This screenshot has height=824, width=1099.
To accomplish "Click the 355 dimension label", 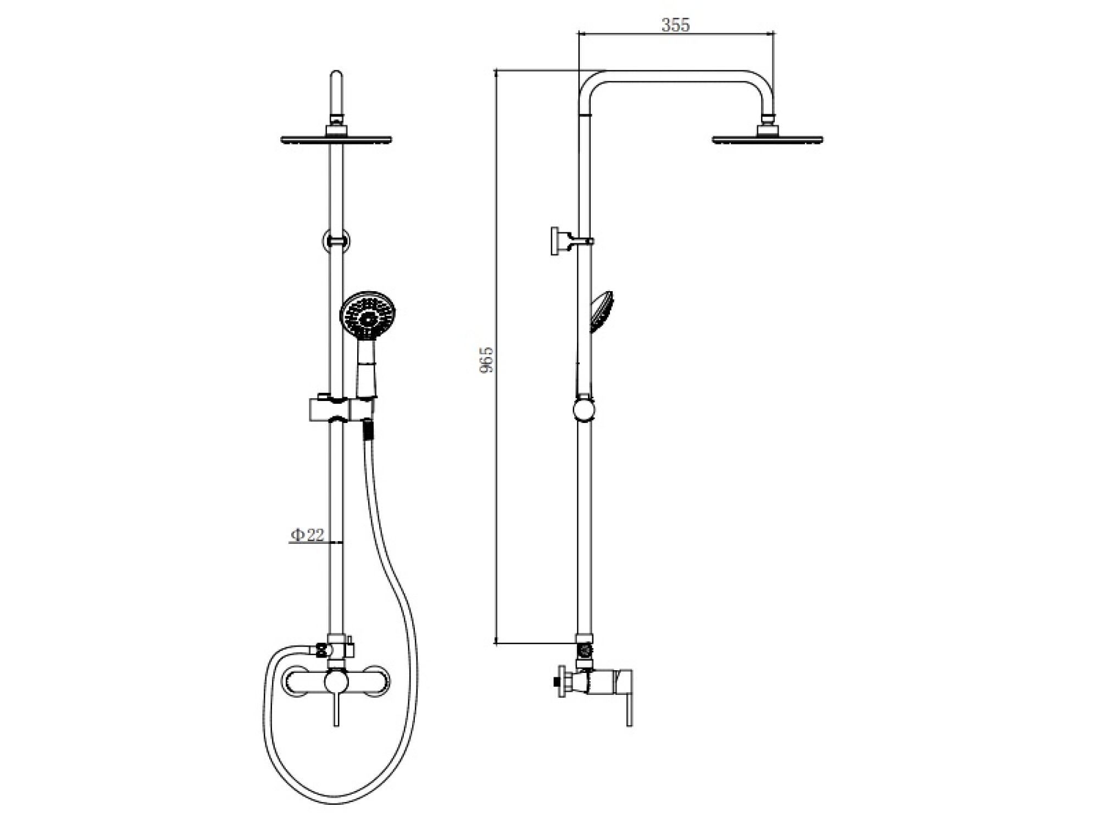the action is (675, 25).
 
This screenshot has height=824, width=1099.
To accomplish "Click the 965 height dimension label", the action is (487, 359).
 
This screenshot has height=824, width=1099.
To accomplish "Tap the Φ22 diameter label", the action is (308, 535).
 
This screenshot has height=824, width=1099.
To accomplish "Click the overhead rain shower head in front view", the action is (337, 139).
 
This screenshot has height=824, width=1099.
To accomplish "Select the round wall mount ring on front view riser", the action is (337, 241).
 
